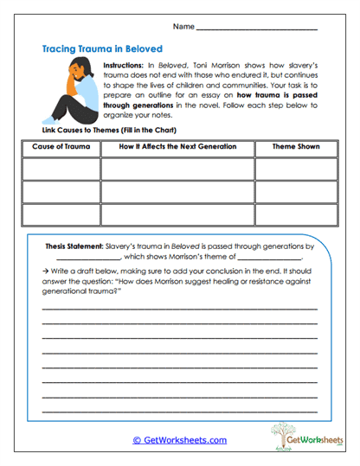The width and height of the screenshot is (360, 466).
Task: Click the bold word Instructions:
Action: pyautogui.click(x=129, y=67)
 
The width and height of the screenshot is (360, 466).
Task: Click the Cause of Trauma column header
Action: pyautogui.click(x=60, y=147)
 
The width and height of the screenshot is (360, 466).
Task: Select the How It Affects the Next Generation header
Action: pyautogui.click(x=176, y=147)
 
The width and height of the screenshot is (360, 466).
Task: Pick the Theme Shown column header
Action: pyautogui.click(x=295, y=147)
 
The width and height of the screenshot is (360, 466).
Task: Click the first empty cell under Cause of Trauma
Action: pyautogui.click(x=60, y=169)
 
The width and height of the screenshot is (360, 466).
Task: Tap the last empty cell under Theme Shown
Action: pyautogui.click(x=295, y=214)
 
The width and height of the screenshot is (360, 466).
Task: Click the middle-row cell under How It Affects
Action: pyautogui.click(x=176, y=191)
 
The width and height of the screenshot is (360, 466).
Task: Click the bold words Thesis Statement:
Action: pyautogui.click(x=79, y=246)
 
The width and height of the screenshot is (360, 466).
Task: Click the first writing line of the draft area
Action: pyautogui.click(x=179, y=308)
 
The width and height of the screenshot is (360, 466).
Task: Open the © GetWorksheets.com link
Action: pyautogui.click(x=179, y=440)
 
